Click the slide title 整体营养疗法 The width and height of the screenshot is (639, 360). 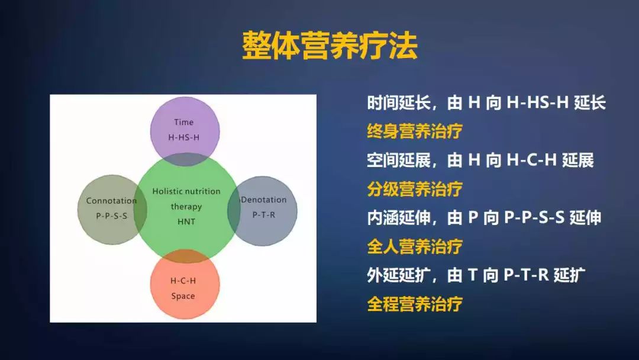click(x=330, y=45)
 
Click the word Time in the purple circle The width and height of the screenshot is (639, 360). click(x=183, y=122)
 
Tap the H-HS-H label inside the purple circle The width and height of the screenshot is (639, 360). click(x=184, y=137)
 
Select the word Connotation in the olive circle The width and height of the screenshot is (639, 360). click(x=111, y=201)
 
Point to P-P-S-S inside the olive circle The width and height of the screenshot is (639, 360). click(x=111, y=216)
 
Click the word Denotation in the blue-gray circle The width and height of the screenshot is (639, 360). click(x=264, y=200)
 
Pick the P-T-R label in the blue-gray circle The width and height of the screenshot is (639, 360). click(x=263, y=214)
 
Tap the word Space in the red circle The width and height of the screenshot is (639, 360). click(x=183, y=295)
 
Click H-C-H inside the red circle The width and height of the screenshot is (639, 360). click(x=183, y=280)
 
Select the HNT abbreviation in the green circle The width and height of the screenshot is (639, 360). click(x=186, y=221)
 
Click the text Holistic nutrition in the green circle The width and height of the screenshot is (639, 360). click(x=186, y=191)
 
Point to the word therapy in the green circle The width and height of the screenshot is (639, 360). click(x=186, y=207)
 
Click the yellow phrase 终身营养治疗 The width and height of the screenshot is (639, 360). click(x=414, y=131)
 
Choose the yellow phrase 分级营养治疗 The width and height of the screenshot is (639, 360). click(x=414, y=189)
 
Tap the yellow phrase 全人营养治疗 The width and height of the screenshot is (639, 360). click(x=414, y=246)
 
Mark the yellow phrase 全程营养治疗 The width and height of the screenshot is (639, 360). click(x=414, y=304)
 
